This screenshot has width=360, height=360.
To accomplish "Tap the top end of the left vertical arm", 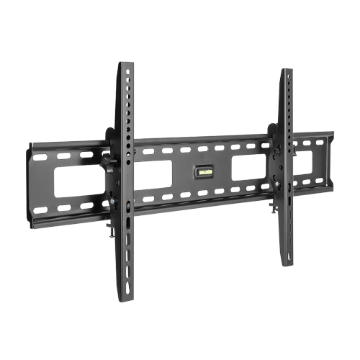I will [127, 66].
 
